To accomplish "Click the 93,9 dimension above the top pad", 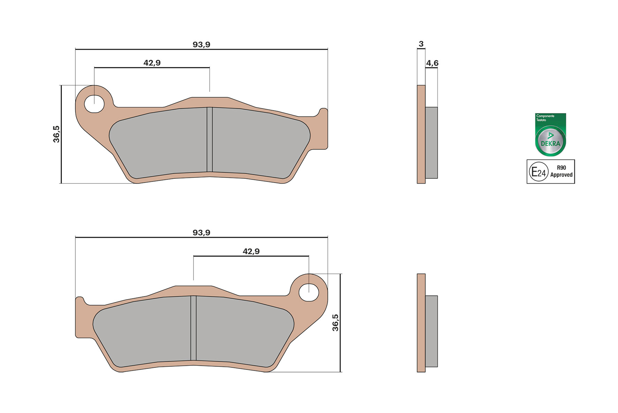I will coord(201,44).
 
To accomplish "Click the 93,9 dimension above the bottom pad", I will coord(201,232).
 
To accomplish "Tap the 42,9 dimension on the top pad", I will coord(152,63).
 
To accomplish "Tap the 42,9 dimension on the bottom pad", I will coord(251,251).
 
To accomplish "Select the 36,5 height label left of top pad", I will coord(56,134).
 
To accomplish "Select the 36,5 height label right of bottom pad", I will coord(335,323).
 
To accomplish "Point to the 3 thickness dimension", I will coord(421,44).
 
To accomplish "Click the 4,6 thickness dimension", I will coord(432,63).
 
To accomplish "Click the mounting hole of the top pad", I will coord(94,104).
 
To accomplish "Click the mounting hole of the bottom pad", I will coord(309,292).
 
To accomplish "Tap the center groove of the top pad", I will coord(210,140).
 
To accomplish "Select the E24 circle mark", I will coord(538,172).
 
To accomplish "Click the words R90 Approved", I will coord(561,172).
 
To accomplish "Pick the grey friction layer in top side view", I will coord(431,143).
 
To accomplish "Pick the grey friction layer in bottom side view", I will coord(431,331).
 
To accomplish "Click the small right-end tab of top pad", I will coord(324,129).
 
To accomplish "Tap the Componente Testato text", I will coord(545,118).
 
